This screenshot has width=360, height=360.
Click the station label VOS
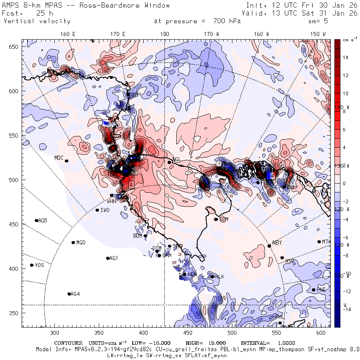pos(39,265)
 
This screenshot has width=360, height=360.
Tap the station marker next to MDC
pos(67,161)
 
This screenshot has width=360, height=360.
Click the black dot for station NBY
pos(269,246)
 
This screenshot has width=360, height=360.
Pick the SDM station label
pos(224,219)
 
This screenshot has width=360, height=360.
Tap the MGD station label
pos(81,242)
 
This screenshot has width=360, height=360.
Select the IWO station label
pos(105,210)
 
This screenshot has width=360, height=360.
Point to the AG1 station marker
pos(108,258)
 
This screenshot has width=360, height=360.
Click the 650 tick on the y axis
pos(14,47)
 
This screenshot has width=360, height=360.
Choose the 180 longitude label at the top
pos(164,34)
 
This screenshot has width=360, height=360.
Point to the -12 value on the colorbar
pos(345,291)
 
